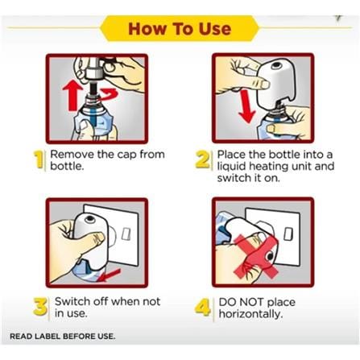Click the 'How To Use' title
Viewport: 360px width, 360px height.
click(x=180, y=29)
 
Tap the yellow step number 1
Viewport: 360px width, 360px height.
click(x=39, y=159)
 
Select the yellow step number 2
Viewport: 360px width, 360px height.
click(x=202, y=159)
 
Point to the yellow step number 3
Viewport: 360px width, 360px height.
click(x=40, y=306)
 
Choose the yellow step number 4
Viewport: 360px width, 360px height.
click(x=202, y=307)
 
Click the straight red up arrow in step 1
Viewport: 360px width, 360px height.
click(x=72, y=96)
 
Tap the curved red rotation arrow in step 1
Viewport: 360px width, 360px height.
click(x=109, y=95)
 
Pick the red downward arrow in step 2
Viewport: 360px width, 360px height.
click(x=246, y=106)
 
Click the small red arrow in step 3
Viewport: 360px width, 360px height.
click(x=110, y=275)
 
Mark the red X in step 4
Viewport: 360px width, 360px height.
click(x=255, y=255)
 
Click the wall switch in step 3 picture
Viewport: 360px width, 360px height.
click(x=126, y=234)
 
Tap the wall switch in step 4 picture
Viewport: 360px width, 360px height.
click(x=288, y=234)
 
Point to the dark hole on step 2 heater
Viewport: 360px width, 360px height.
click(x=276, y=65)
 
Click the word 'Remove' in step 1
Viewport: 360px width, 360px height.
click(x=72, y=155)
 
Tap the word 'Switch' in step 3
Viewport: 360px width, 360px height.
click(x=72, y=301)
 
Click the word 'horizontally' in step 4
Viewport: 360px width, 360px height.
click(x=250, y=313)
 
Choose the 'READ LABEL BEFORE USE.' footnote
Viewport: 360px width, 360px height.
click(x=62, y=336)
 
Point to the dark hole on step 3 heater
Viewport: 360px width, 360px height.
click(x=90, y=219)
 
